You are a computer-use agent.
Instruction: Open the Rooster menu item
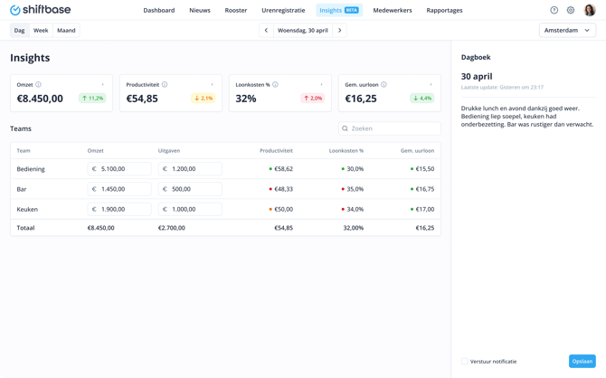click(236, 10)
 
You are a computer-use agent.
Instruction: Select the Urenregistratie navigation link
click(283, 10)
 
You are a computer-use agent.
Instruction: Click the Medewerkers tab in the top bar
click(393, 10)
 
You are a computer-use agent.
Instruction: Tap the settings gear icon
click(571, 10)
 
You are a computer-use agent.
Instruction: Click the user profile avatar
click(590, 10)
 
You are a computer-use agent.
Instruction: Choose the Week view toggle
click(41, 30)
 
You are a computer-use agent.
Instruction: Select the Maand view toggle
click(66, 30)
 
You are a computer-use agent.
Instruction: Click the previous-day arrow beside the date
click(266, 30)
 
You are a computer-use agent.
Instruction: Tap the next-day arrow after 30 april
click(340, 30)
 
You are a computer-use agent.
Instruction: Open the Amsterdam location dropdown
click(567, 30)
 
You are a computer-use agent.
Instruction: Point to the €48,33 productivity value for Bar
click(282, 189)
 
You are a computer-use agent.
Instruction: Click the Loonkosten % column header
click(346, 151)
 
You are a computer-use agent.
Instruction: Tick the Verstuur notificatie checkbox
click(465, 361)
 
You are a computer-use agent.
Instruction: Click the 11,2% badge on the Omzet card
click(92, 98)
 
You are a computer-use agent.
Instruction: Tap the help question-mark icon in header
click(554, 10)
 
